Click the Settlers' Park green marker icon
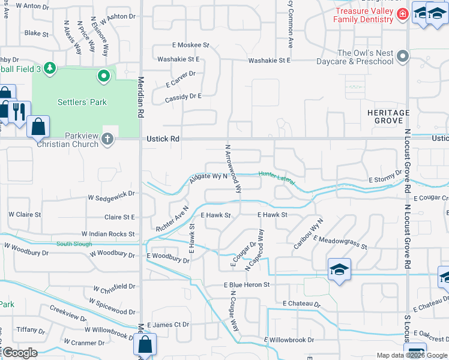click(104, 76)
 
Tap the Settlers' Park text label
click(82, 102)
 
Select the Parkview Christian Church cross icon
click(107, 140)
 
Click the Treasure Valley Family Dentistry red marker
click(402, 13)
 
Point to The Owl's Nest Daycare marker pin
click(403, 57)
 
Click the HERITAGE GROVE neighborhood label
click(388, 116)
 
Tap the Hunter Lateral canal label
click(277, 178)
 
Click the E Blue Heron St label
click(247, 284)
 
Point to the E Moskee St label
click(190, 45)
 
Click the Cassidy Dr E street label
click(182, 96)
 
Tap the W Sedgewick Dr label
click(112, 196)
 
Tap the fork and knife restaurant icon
click(19, 111)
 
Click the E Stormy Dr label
click(385, 179)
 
